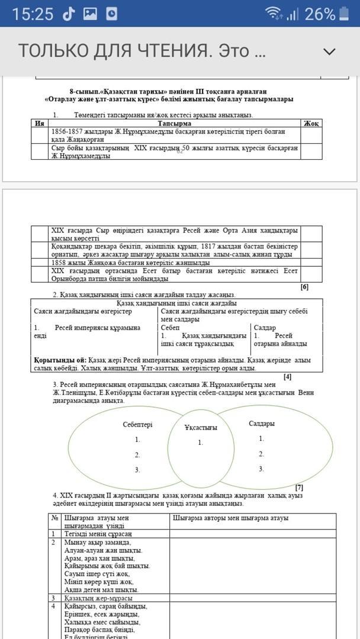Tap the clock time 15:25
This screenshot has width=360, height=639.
click(x=33, y=14)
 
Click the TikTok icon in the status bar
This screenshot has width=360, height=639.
click(x=69, y=14)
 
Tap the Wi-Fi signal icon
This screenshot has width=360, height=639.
click(x=274, y=14)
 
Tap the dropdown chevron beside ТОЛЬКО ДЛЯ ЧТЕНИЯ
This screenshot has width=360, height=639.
click(x=329, y=51)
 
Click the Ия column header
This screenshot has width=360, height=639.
click(x=40, y=123)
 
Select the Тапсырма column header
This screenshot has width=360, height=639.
click(x=174, y=123)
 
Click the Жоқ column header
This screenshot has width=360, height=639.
click(x=311, y=123)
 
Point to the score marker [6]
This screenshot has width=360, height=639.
click(x=304, y=287)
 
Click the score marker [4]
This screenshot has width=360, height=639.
click(x=287, y=376)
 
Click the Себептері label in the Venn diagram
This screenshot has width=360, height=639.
click(x=137, y=425)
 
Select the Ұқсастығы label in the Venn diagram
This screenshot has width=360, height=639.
click(x=201, y=427)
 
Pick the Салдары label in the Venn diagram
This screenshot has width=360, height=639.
click(x=261, y=424)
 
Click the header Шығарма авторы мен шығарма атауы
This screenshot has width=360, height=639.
click(x=230, y=518)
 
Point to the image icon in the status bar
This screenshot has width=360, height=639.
click(x=90, y=14)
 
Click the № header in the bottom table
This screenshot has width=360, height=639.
click(x=54, y=518)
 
